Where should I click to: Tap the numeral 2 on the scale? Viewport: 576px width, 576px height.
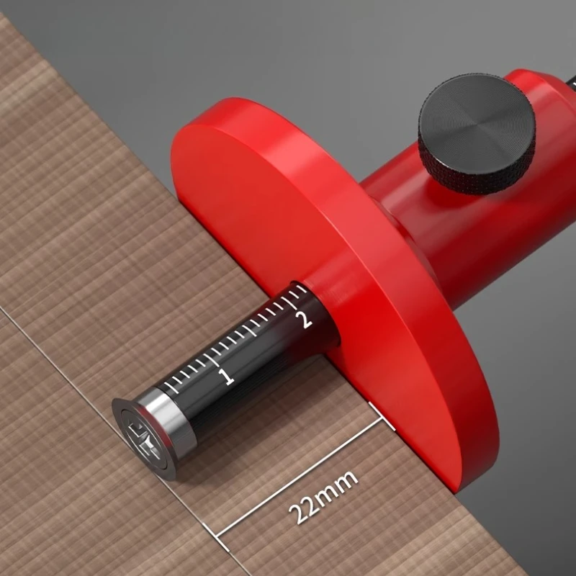305,318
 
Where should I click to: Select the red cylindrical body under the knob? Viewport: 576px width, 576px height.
461,238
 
